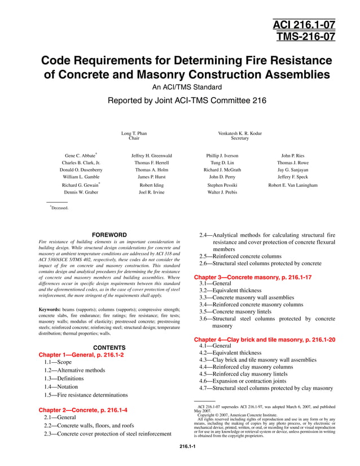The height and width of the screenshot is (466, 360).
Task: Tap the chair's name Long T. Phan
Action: tap(134, 133)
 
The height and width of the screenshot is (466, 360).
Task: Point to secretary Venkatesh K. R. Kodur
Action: tap(240, 133)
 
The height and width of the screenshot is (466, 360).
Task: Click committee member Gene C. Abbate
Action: tap(80, 155)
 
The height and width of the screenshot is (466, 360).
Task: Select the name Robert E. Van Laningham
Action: tap(293, 185)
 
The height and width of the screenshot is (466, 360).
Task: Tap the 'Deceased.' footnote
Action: tap(59, 208)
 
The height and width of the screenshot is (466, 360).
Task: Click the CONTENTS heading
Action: tap(109, 348)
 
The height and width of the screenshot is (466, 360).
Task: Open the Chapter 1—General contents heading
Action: tap(81, 355)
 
